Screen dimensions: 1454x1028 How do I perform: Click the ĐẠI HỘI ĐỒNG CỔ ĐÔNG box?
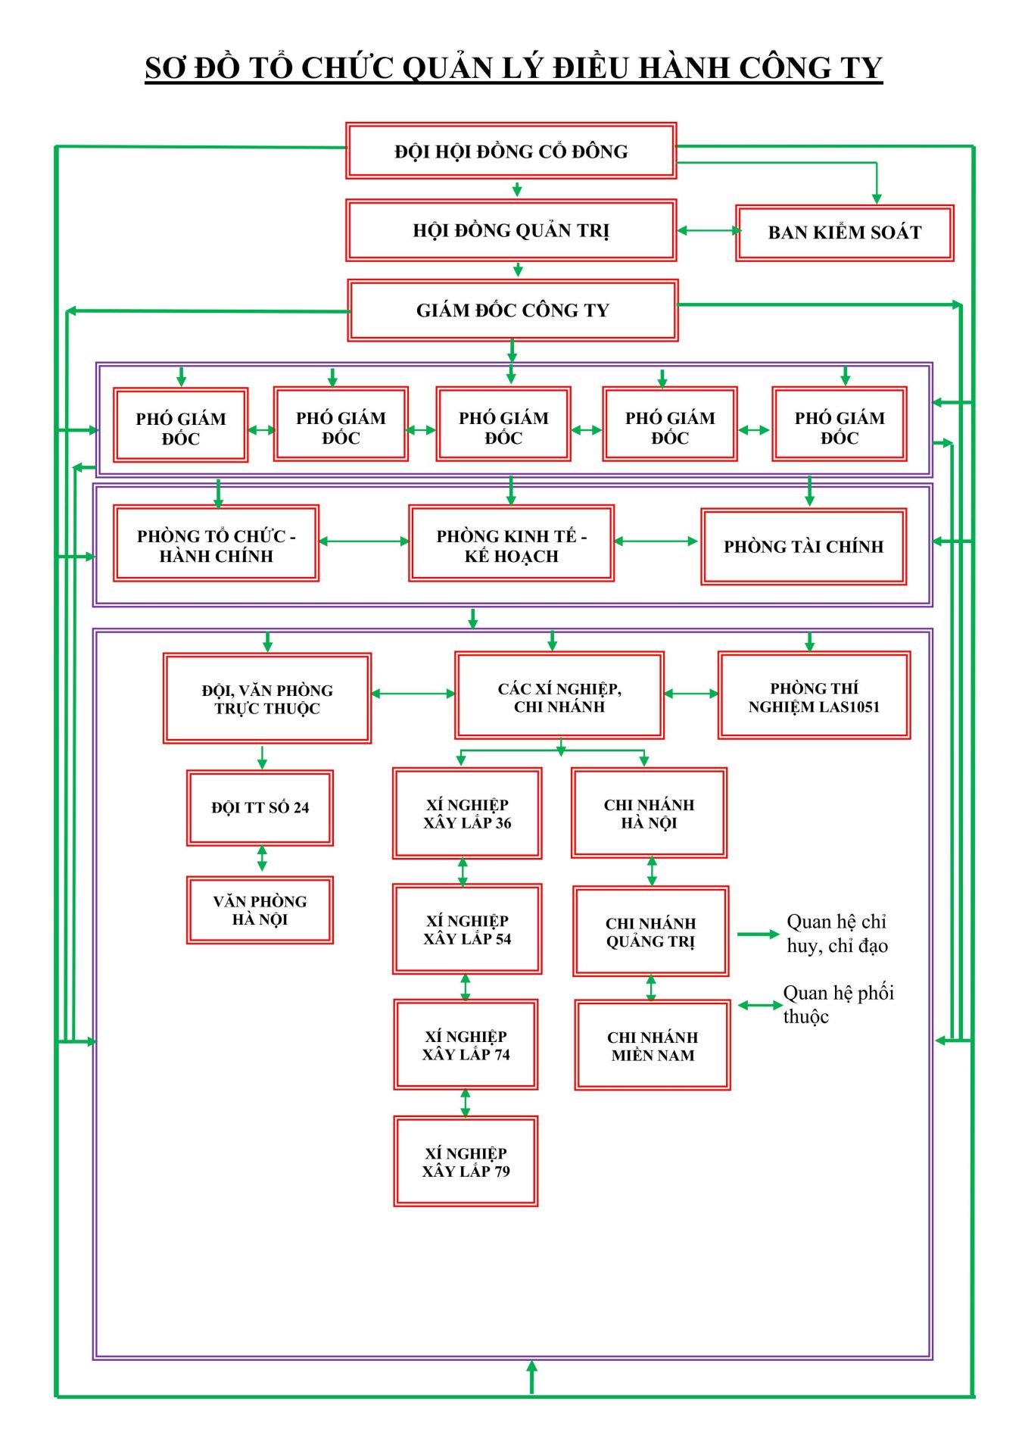511,151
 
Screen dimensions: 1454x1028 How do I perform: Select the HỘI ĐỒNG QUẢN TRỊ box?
511,230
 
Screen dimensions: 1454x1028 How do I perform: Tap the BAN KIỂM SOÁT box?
844,232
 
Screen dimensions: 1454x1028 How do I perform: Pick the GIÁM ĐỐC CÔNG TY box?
512,310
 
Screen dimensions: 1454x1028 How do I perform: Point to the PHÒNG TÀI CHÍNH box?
803,547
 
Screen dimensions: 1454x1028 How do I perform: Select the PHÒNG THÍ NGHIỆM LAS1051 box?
814,696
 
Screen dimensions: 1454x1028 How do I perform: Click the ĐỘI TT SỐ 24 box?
260,807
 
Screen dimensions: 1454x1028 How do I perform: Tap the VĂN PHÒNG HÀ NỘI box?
260,910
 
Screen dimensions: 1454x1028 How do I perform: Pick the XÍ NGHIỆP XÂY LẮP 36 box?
467,813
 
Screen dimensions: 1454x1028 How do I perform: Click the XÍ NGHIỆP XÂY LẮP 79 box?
466,1161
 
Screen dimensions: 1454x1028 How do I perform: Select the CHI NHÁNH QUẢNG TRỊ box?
650,931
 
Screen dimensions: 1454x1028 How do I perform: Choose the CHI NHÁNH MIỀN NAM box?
653,1045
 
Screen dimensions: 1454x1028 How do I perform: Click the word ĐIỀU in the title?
592,67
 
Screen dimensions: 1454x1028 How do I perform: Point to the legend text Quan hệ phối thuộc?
838,1004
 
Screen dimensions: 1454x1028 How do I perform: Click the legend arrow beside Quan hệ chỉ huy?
758,934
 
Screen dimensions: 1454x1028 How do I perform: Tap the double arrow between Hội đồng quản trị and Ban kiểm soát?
707,231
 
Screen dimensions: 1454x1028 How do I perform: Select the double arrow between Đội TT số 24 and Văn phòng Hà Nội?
262,859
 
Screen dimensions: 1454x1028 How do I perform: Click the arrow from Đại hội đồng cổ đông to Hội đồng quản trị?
517,189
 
